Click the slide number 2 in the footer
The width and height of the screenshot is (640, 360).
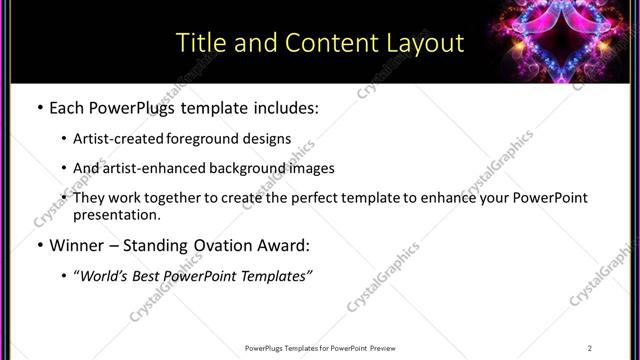pos(590,347)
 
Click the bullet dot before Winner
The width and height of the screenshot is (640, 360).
pos(38,245)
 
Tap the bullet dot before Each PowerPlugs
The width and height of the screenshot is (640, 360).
pos(38,107)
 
